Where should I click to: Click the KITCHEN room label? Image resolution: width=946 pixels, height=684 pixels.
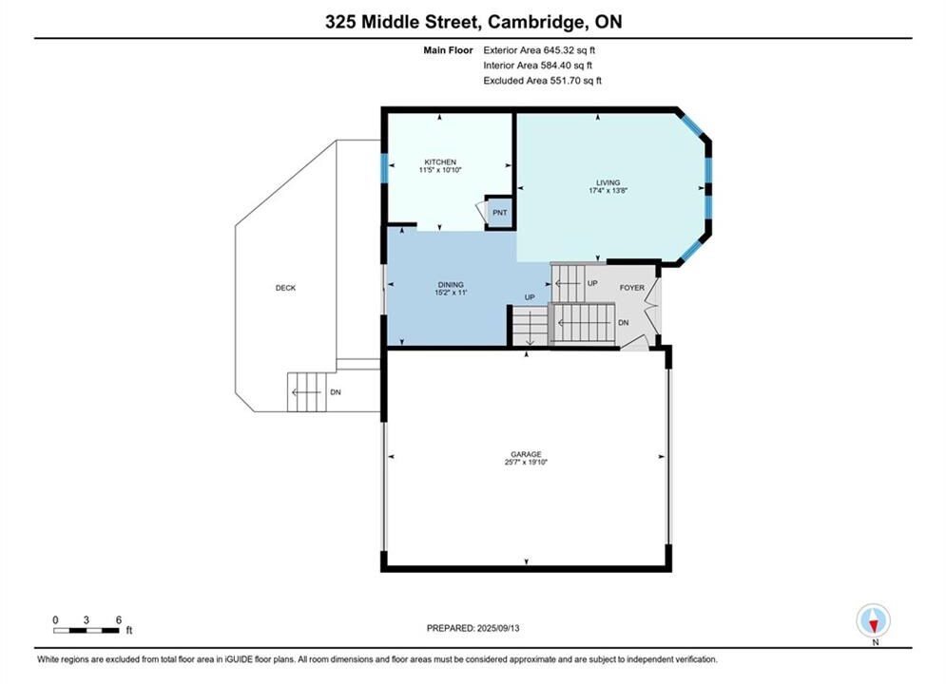point(440,162)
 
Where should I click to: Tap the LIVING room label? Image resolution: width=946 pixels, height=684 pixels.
point(608,182)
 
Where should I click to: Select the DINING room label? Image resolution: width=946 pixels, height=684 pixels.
point(451,284)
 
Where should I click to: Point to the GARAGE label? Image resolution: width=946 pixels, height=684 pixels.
point(526,454)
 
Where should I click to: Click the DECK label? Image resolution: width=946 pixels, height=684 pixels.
point(285,288)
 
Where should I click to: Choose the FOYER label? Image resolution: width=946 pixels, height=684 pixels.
point(632,288)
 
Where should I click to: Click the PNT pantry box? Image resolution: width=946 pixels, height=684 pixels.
point(499,213)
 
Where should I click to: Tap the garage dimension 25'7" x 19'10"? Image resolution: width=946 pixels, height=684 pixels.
point(526,463)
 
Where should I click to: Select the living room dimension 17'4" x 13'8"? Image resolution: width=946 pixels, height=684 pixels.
point(608,190)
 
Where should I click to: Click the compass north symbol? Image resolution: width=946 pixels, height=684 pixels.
point(873,620)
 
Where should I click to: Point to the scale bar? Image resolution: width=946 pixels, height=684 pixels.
point(87,631)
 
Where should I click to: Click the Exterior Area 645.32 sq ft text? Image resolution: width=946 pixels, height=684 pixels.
point(539,50)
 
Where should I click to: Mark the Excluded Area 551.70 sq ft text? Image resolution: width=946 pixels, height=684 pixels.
point(542,80)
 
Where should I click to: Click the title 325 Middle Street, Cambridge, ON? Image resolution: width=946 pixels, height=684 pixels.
point(473,22)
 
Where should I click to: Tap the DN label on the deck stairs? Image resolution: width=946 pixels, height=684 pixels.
point(336,392)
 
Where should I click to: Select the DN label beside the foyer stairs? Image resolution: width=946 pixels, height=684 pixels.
point(624,322)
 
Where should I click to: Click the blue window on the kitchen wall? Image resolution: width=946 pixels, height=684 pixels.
point(384,168)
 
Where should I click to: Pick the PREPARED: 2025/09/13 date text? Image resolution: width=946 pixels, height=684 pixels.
point(473,628)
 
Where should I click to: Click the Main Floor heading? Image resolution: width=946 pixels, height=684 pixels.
point(448,50)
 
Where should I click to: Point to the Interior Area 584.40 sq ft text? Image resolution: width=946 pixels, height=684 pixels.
point(537,66)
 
